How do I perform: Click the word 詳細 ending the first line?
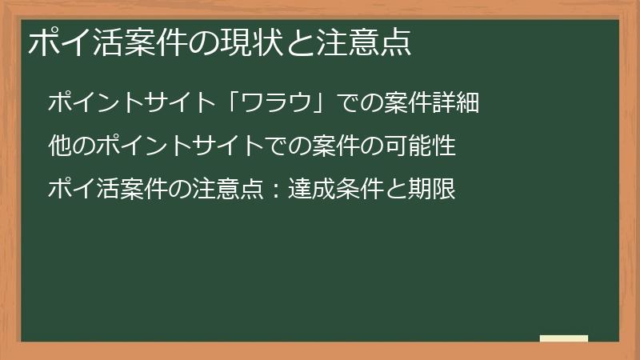tap(455, 103)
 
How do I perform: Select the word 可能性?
tap(420, 146)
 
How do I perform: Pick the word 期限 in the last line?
tap(432, 190)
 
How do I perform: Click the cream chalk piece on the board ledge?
tap(564, 339)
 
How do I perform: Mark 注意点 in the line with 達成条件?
tap(229, 190)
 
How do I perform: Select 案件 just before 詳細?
tap(408, 103)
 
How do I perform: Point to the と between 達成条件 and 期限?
tap(397, 190)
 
